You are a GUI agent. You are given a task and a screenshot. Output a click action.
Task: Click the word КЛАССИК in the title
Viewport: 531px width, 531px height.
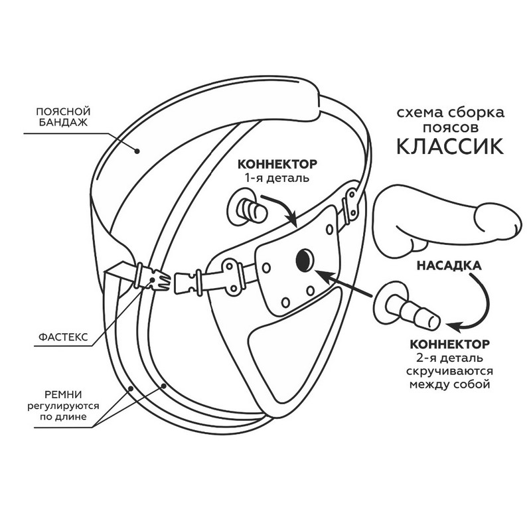450,146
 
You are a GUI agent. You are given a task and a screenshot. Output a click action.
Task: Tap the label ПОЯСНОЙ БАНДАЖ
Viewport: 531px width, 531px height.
63,117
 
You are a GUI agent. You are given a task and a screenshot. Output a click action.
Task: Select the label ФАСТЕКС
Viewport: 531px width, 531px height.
63,337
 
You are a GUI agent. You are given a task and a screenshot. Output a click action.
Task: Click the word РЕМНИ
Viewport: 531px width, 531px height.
63,395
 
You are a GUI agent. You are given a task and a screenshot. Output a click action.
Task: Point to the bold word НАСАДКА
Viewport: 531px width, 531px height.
449,265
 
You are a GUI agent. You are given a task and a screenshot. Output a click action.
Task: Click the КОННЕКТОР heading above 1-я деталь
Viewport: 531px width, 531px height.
277,164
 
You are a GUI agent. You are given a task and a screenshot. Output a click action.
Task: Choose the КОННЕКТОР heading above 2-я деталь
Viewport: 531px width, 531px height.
450,344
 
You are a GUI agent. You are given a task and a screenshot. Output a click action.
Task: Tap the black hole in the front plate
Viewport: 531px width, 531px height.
305,260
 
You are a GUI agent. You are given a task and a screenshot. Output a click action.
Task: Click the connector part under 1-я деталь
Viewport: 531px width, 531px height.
247,209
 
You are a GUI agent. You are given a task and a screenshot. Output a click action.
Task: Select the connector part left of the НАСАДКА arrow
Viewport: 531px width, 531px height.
406,307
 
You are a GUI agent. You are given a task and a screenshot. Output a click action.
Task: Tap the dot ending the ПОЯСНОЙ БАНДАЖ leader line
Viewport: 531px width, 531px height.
137,151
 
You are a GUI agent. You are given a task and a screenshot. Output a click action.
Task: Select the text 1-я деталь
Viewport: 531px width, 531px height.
277,178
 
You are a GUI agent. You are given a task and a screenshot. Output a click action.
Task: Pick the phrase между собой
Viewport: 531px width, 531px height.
450,385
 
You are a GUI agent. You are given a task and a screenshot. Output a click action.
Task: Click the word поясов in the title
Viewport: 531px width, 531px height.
451,127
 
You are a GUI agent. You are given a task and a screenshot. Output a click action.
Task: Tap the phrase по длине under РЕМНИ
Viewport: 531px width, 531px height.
63,417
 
